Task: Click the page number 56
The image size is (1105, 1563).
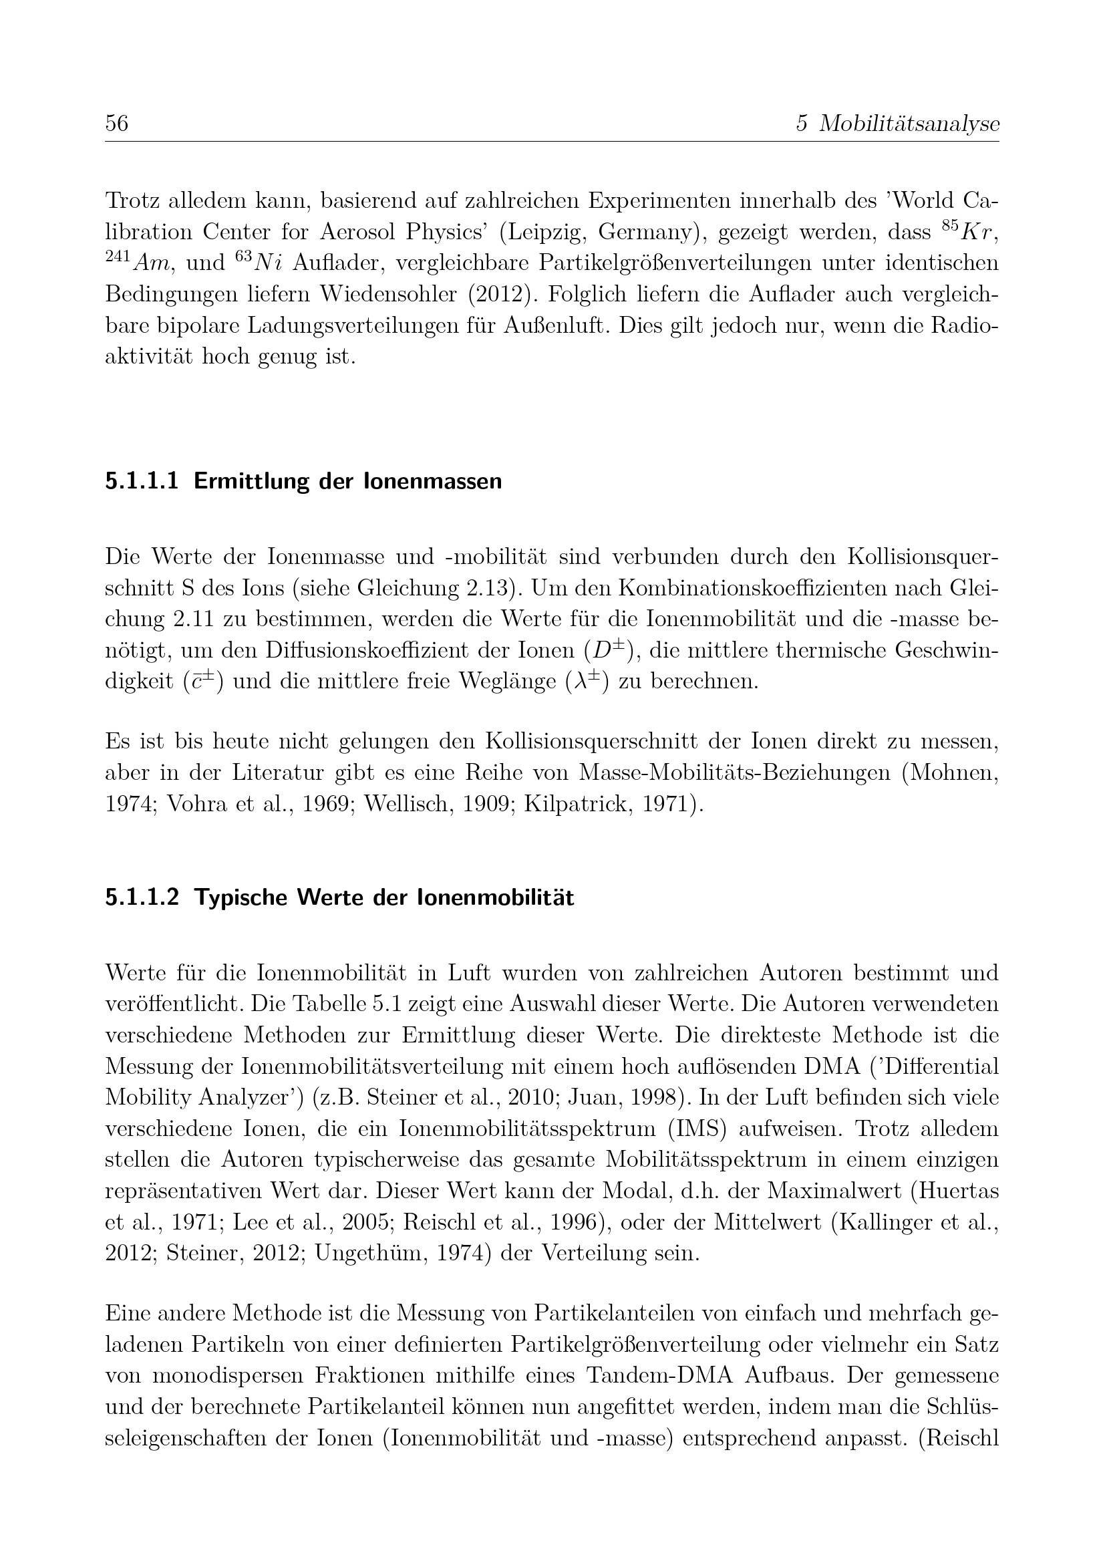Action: (116, 123)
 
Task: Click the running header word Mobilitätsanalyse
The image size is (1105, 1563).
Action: (909, 123)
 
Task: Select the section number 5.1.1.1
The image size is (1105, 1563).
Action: (142, 481)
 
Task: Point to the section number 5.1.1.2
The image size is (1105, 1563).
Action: (142, 898)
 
